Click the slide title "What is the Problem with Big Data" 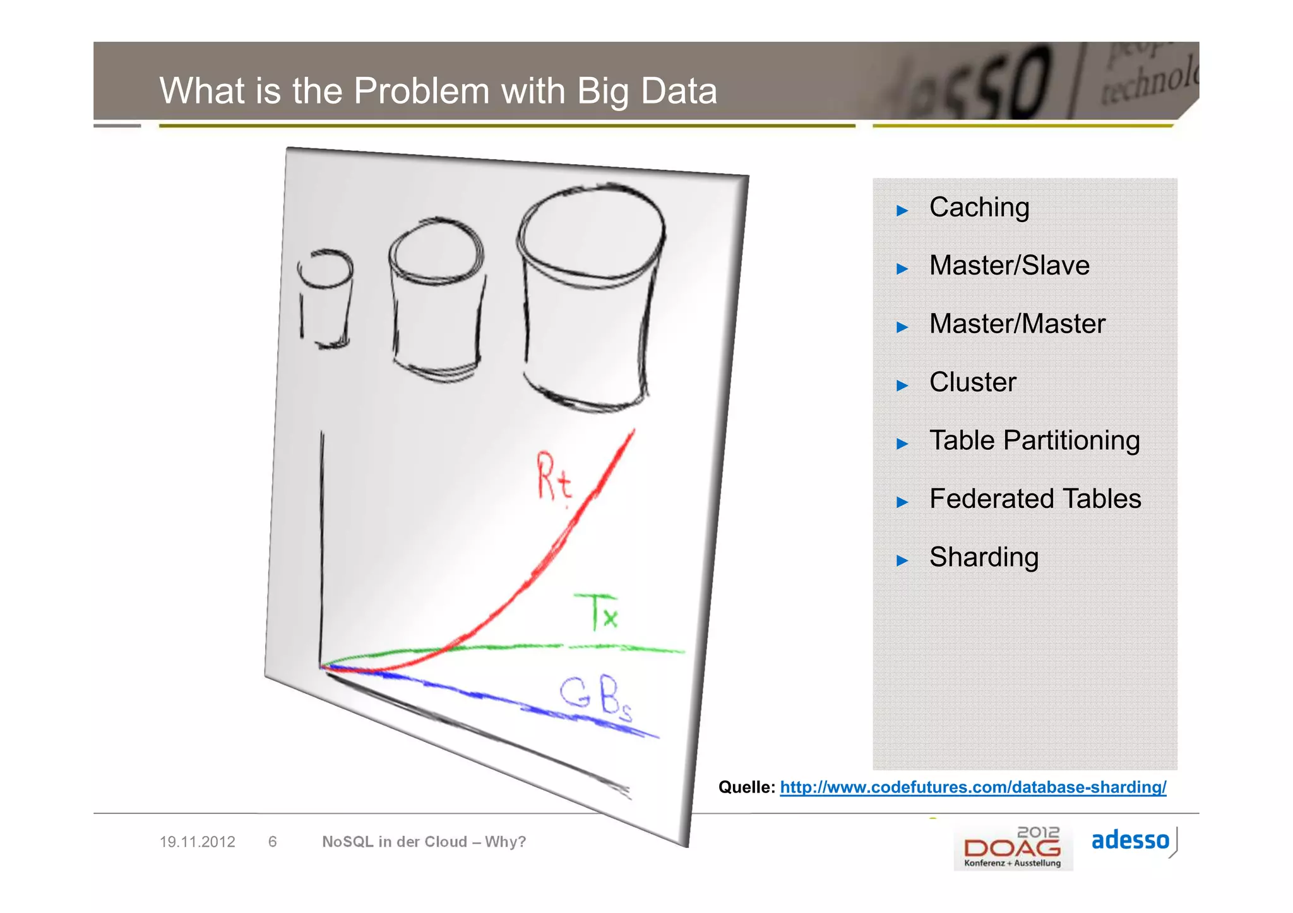(x=438, y=91)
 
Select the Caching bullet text (x=979, y=208)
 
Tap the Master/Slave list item (x=1009, y=266)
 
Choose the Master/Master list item (x=1017, y=324)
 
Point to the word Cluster (x=972, y=382)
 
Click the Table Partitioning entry (x=1034, y=440)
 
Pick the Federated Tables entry (x=1035, y=499)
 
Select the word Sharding (x=984, y=557)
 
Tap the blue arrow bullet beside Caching (x=902, y=211)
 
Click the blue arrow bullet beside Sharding (x=902, y=560)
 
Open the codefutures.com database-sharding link (x=973, y=787)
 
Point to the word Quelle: (x=746, y=787)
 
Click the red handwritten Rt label (x=554, y=478)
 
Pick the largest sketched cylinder (x=590, y=297)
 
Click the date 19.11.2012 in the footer (x=197, y=842)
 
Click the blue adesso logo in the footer (x=1130, y=840)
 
